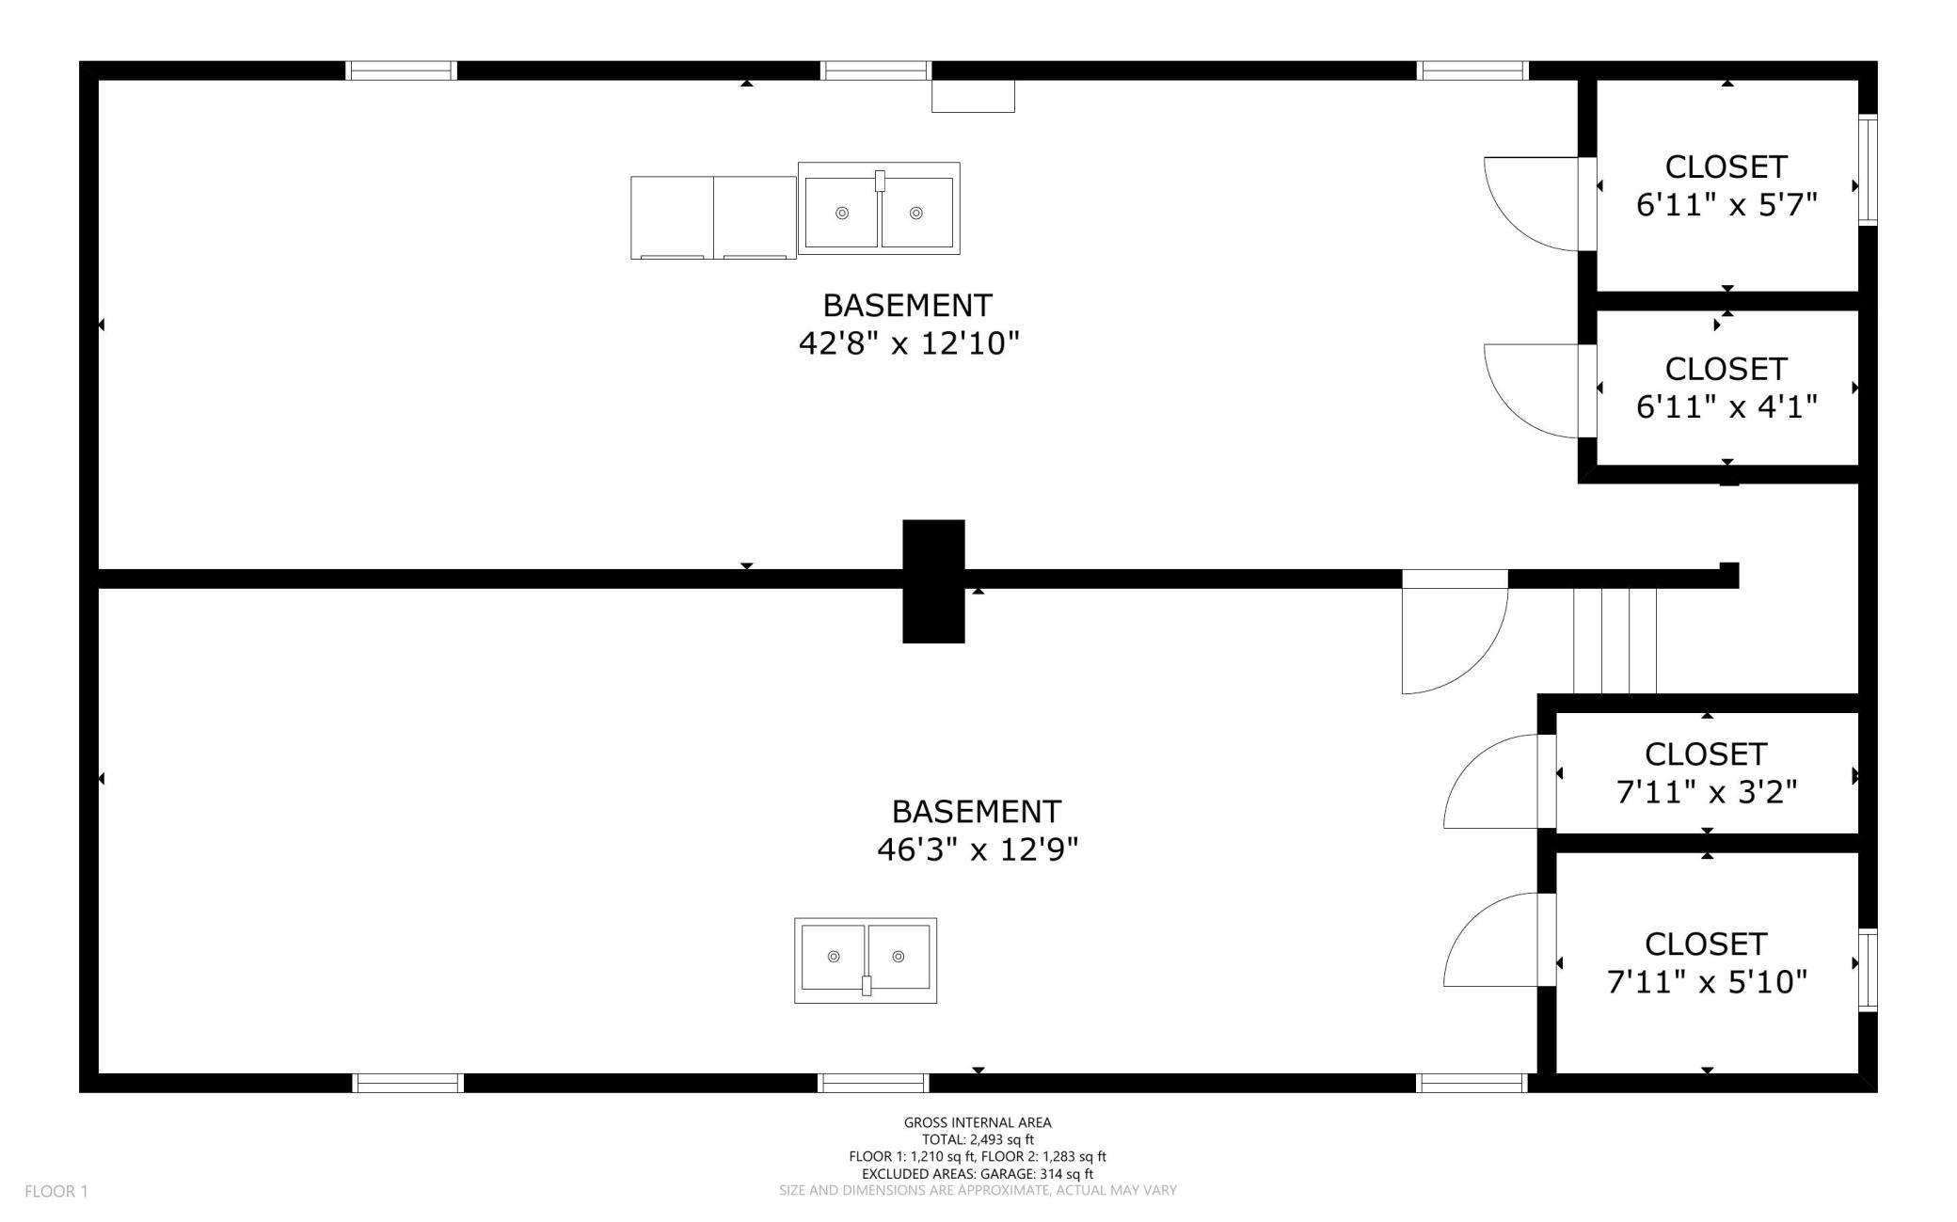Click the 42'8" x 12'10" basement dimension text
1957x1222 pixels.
909,343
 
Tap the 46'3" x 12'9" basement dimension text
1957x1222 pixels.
978,849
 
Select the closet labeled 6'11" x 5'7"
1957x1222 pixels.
1727,186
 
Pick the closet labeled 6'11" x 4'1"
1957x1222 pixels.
1727,388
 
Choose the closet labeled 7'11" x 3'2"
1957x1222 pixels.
1707,773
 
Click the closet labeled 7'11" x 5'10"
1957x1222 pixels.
1707,962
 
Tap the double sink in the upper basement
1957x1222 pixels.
879,208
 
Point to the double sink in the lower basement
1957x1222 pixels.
866,960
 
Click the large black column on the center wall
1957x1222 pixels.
933,581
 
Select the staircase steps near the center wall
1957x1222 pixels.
1615,641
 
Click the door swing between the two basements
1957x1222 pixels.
1455,641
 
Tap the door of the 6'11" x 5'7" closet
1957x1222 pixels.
1532,204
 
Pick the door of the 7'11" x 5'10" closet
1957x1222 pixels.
1491,940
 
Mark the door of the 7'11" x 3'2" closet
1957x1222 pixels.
1491,782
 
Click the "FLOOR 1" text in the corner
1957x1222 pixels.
56,1192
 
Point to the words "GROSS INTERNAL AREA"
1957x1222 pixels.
978,1122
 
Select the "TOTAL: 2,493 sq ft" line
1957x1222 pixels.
978,1139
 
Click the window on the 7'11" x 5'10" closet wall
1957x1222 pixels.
1868,970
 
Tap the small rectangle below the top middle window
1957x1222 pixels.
973,97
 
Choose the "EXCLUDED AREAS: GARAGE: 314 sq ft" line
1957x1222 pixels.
978,1174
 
